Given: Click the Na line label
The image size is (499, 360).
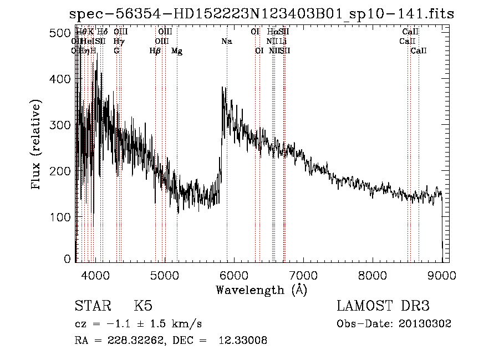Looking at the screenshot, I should click(x=226, y=42).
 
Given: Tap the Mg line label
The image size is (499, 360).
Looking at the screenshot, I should click(x=177, y=51).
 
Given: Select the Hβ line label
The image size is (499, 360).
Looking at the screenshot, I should click(x=155, y=51).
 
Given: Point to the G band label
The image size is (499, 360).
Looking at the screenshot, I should click(x=116, y=51).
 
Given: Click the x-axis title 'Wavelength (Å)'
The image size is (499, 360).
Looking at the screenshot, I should click(x=261, y=290).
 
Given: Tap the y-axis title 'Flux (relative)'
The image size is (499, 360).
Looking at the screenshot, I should click(x=37, y=145).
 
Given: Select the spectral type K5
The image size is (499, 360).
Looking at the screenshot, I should click(x=143, y=306).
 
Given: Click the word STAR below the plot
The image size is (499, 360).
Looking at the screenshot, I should click(x=93, y=306).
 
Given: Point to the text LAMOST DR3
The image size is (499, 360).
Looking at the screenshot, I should click(x=383, y=306).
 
